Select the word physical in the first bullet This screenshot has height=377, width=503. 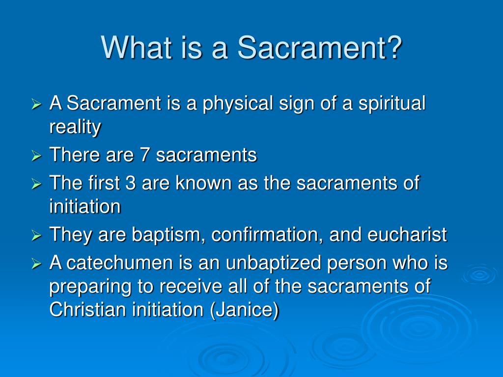(x=238, y=104)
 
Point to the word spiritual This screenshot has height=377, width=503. (x=392, y=104)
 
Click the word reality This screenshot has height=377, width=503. (x=75, y=127)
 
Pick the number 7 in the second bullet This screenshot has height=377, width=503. (x=145, y=155)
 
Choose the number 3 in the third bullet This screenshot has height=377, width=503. (x=130, y=183)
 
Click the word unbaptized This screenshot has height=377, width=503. (x=273, y=264)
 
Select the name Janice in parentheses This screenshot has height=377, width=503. (x=245, y=310)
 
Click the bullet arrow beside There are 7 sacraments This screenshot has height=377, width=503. (x=36, y=156)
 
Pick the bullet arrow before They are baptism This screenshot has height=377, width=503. (x=36, y=236)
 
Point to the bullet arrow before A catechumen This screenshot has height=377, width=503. (x=36, y=264)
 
